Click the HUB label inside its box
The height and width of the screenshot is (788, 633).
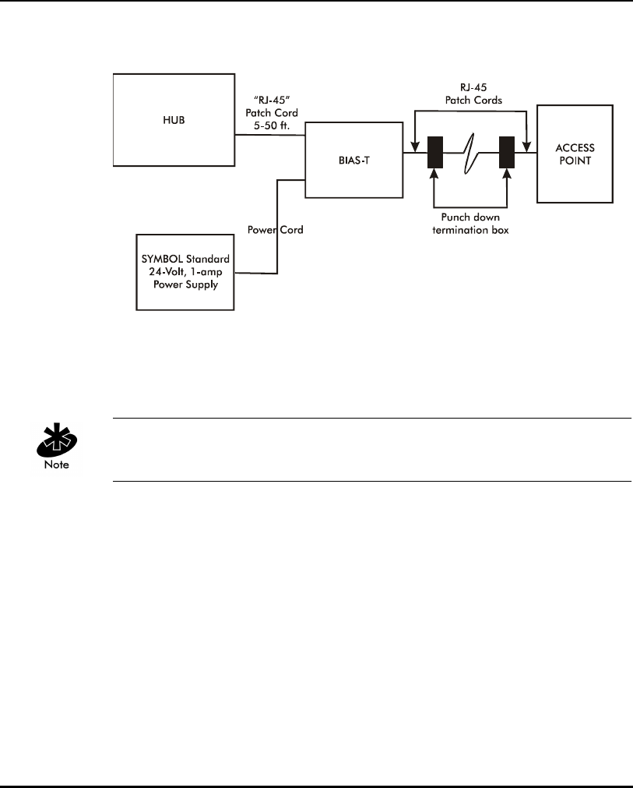click(174, 120)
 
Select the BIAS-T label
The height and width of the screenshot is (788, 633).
click(354, 161)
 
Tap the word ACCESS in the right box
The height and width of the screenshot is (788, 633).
click(575, 148)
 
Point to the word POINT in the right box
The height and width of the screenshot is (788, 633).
click(575, 161)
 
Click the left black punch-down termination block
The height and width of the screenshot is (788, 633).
click(435, 152)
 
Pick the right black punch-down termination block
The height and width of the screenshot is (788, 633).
click(507, 152)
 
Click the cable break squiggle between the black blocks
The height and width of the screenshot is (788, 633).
click(469, 154)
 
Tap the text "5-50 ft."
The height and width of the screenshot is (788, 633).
click(272, 125)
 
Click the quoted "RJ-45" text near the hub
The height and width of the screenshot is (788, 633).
click(272, 100)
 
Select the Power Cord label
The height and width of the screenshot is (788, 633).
click(275, 230)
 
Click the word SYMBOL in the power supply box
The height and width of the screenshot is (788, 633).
click(162, 259)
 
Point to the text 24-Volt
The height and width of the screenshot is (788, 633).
click(168, 272)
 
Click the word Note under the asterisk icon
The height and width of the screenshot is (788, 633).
click(57, 465)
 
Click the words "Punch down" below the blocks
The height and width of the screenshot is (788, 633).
click(470, 217)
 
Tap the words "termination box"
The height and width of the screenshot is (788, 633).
click(470, 230)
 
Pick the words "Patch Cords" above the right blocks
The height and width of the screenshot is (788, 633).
click(474, 100)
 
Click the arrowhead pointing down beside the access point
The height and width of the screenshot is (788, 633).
click(526, 147)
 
